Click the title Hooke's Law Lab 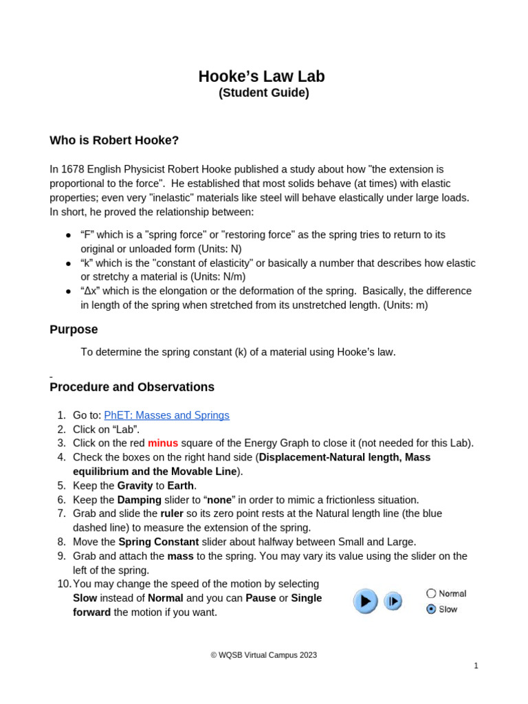point(261,76)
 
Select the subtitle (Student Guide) point(263,93)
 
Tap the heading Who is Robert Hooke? point(114,140)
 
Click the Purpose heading point(74,329)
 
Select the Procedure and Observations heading point(132,387)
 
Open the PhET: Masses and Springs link point(166,415)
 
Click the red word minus point(163,443)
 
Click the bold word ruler point(172,514)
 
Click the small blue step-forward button point(393,602)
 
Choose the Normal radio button point(431,593)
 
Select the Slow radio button point(431,609)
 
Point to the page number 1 point(476,665)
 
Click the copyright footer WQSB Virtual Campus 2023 point(263,655)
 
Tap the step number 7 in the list point(61,514)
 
